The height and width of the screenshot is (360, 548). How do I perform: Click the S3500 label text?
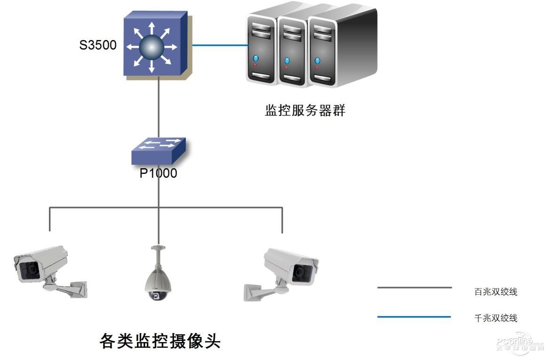pyautogui.click(x=98, y=46)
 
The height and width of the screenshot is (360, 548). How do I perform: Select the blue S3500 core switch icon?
pyautogui.click(x=153, y=45)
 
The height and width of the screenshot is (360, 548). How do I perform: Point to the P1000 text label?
pyautogui.click(x=158, y=173)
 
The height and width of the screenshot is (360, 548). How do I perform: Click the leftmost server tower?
pyautogui.click(x=262, y=50)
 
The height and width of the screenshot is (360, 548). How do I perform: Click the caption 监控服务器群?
pyautogui.click(x=305, y=111)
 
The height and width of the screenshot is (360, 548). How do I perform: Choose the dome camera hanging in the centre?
pyautogui.click(x=157, y=278)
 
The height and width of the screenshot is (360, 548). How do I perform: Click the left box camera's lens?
pyautogui.click(x=31, y=269)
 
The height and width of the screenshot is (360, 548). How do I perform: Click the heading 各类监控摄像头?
pyautogui.click(x=160, y=340)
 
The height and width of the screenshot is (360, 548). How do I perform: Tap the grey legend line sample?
pyautogui.click(x=414, y=287)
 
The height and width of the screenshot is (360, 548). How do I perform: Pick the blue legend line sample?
pyautogui.click(x=414, y=317)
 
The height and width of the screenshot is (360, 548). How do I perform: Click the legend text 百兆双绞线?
pyautogui.click(x=496, y=292)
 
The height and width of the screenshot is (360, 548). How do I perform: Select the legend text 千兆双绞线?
pyautogui.click(x=496, y=318)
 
